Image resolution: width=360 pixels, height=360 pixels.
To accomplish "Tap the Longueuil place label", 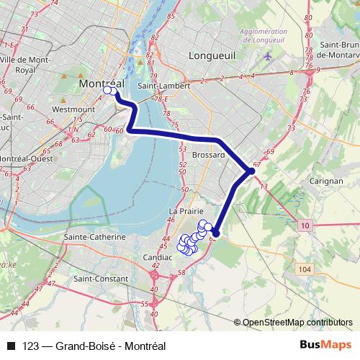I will [210, 55].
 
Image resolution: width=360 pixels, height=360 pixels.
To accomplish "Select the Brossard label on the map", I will [210, 155].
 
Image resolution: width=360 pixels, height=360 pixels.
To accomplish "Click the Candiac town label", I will [158, 256].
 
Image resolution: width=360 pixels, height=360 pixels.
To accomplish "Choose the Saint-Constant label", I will [101, 279].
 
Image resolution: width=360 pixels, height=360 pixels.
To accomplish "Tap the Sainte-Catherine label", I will [95, 237].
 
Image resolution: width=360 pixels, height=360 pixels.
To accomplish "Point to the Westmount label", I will [74, 109].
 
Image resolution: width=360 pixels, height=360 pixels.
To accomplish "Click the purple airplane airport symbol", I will [269, 55].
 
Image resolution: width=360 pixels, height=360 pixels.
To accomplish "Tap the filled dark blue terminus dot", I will [215, 233].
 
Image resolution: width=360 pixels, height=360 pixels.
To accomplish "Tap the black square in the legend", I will [11, 345].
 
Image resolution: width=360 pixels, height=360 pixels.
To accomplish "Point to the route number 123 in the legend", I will [30, 345].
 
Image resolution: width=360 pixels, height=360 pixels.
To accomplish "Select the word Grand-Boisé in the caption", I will [82, 345].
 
